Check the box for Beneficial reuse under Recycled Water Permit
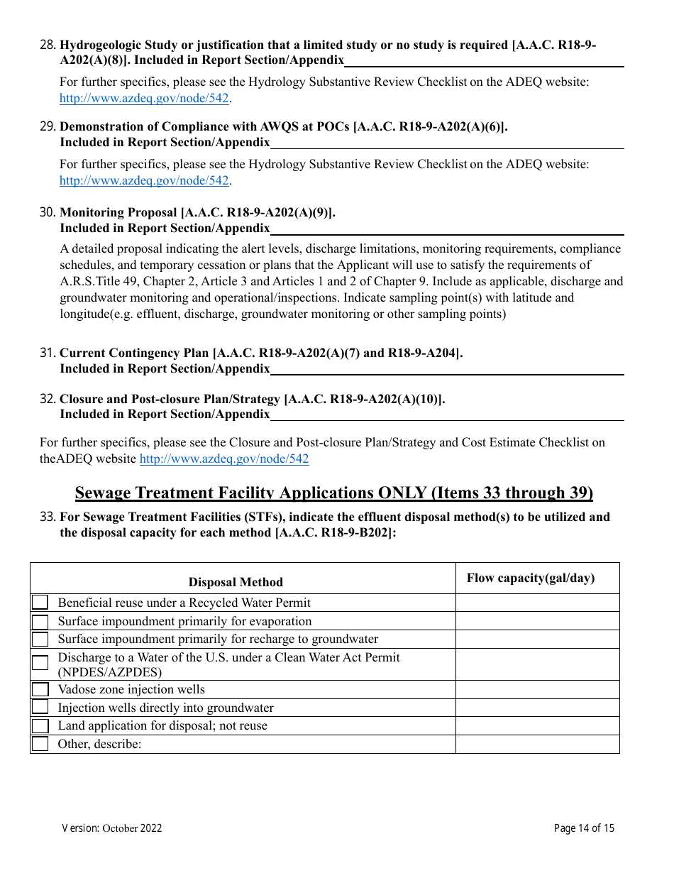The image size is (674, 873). (40, 603)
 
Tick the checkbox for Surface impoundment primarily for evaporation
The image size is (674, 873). (40, 621)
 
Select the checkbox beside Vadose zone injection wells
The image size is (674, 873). (40, 689)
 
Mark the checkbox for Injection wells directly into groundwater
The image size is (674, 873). (40, 708)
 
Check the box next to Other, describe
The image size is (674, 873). (40, 744)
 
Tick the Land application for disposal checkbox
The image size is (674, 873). (40, 725)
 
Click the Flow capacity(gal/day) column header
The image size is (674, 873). (530, 578)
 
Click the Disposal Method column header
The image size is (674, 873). (236, 582)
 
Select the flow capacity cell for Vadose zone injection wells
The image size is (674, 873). (537, 689)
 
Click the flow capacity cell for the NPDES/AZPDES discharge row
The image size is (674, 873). (537, 664)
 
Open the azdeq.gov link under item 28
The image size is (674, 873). (144, 98)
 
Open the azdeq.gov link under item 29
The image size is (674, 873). (144, 180)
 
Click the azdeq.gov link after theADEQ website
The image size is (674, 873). (224, 459)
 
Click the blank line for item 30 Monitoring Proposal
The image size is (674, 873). (447, 229)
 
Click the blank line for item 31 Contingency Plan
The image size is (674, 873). (447, 368)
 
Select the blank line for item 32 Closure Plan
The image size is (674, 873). (447, 414)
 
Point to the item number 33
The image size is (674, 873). (48, 517)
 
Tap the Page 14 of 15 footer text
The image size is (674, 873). (584, 828)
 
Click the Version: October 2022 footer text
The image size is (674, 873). (112, 828)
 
